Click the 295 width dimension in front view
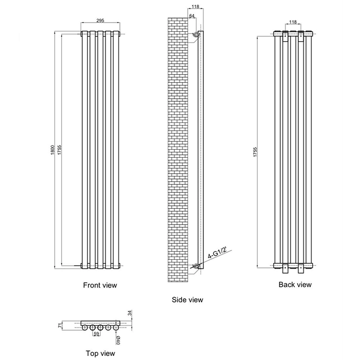click(100, 21)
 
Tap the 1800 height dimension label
click(52, 150)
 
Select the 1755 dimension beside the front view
click(60, 150)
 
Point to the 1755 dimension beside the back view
click(256, 152)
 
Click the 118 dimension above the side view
click(195, 6)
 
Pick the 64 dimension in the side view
click(192, 15)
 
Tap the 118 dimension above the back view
click(293, 22)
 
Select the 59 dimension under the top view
click(97, 334)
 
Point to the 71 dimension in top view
click(60, 326)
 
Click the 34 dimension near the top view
click(130, 313)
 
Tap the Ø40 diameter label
click(118, 340)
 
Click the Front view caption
click(100, 285)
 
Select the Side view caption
click(187, 300)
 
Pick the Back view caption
click(295, 284)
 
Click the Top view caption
click(100, 353)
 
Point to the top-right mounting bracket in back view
click(301, 37)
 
